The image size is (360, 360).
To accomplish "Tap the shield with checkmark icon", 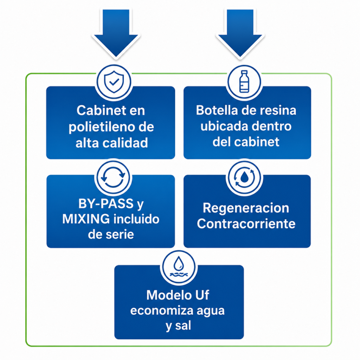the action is [114, 82].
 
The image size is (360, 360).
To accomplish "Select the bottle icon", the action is [244, 82].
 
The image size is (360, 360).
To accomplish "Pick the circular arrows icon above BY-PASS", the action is [113, 177].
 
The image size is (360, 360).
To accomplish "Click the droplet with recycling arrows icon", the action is [244, 177].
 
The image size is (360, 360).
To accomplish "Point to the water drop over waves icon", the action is [178, 267].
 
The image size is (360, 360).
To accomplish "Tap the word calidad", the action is [125, 143].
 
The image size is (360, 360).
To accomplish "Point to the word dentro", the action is [272, 126].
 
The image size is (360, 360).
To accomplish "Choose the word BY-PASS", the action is [106, 204].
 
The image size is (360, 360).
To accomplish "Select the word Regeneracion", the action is [246, 208].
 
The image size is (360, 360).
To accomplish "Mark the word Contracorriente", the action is [246, 224].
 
